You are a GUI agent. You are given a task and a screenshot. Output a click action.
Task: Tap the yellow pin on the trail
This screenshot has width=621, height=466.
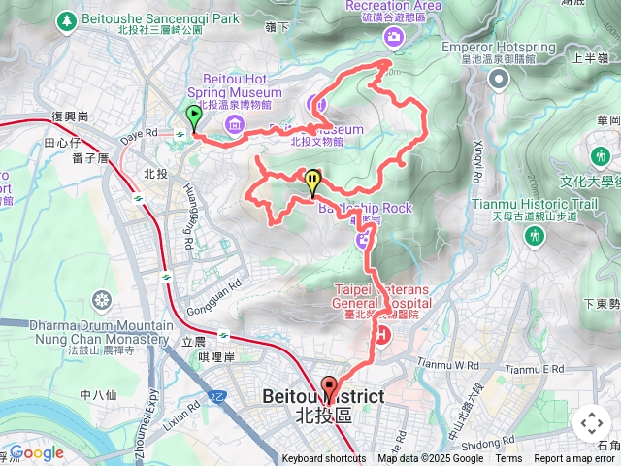click(x=312, y=182)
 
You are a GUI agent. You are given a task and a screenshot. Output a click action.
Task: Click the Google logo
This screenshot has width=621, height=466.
click(x=37, y=452)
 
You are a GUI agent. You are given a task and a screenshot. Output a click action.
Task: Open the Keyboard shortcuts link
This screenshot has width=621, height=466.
click(x=324, y=459)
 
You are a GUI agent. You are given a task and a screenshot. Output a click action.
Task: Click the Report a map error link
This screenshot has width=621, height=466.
click(x=575, y=459)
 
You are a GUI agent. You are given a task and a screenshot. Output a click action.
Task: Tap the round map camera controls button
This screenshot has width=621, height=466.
click(x=592, y=423)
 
